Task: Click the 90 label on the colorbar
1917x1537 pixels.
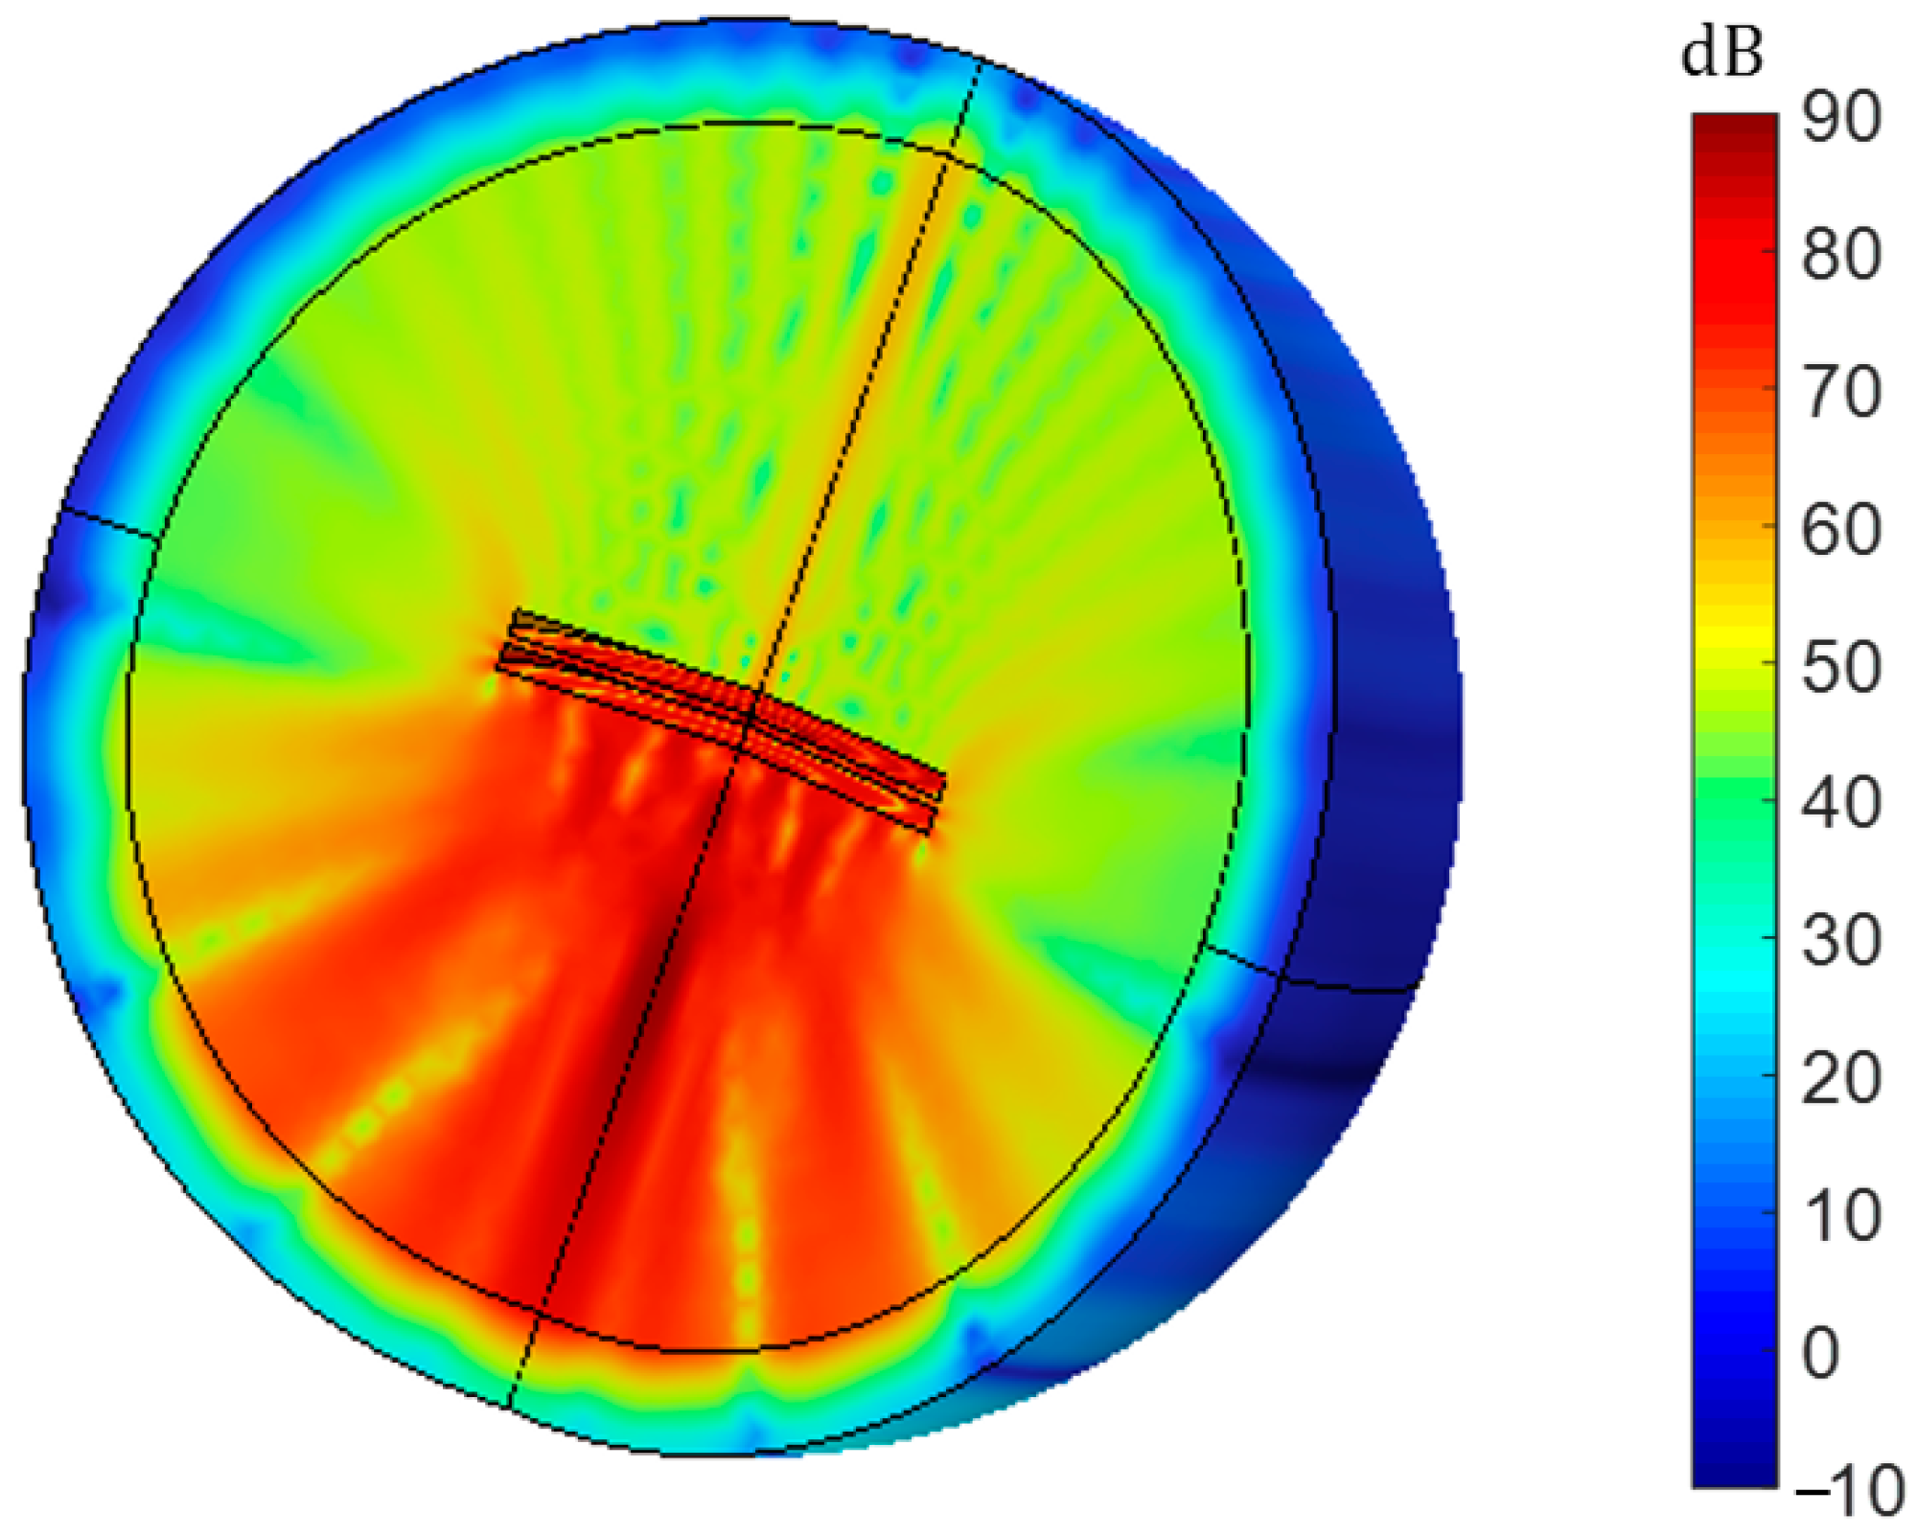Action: coord(1840,119)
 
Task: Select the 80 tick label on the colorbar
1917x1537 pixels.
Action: coord(1840,256)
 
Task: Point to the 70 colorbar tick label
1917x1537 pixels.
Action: coord(1840,393)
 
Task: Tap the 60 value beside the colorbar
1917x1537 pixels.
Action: coord(1840,530)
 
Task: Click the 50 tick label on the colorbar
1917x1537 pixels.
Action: coord(1840,667)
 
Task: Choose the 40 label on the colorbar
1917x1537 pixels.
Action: coord(1840,804)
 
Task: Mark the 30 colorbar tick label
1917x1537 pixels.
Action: coord(1840,942)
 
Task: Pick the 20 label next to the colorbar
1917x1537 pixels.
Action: coord(1840,1079)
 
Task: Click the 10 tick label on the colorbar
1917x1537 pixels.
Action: coord(1840,1216)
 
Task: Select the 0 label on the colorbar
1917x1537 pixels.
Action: coord(1821,1353)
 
